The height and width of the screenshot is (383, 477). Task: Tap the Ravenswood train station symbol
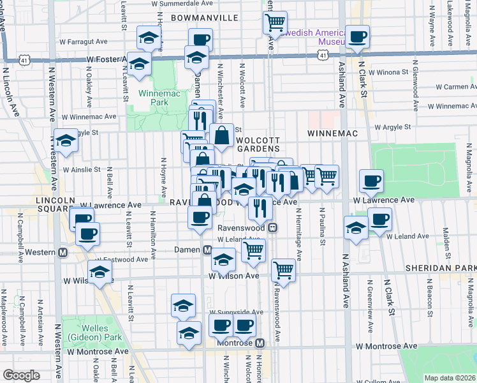273,227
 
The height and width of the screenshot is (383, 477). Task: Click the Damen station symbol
207,250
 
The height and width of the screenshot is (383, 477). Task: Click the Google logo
22,375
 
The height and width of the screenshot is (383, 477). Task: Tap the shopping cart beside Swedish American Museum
274,22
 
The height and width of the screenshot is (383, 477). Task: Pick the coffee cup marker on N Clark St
357,36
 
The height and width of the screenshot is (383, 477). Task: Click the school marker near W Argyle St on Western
66,140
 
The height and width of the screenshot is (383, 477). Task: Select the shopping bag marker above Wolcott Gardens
221,135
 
